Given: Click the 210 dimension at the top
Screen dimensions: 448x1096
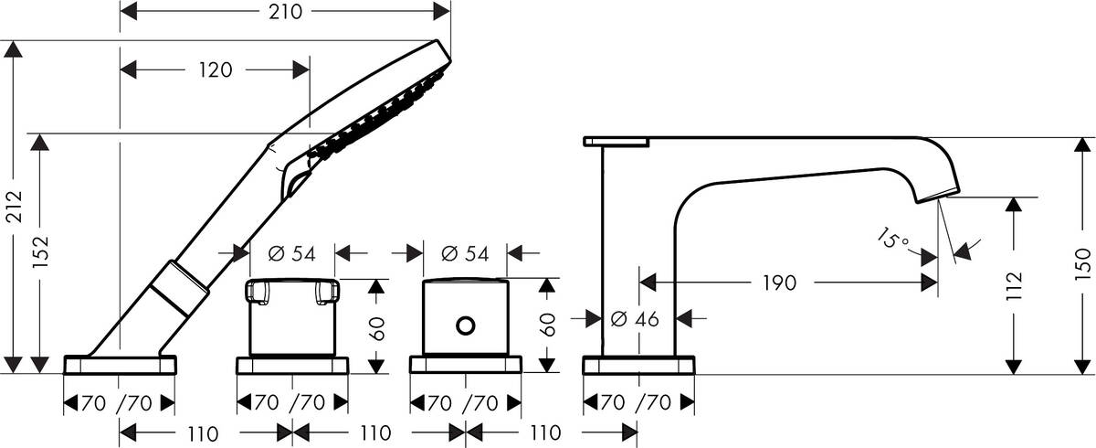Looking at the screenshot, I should point(286,12).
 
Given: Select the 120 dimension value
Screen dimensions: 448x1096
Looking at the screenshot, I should point(216,69).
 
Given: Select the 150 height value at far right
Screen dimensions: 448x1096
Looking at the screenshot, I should point(1083,262).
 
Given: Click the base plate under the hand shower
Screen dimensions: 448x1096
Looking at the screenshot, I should point(120,365).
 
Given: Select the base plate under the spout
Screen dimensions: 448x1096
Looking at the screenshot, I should point(638,365).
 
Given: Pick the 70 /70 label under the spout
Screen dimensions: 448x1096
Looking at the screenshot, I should point(638,403).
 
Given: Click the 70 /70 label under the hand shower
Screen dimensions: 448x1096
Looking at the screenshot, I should point(120,403).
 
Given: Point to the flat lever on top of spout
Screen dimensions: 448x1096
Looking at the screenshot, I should point(616,141).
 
